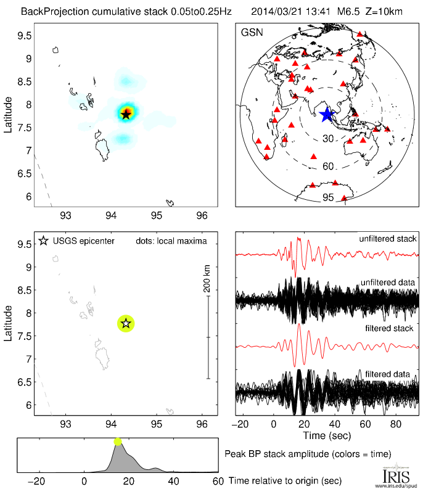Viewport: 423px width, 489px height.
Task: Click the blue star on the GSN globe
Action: pyautogui.click(x=326, y=114)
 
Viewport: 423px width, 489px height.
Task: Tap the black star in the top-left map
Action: pyautogui.click(x=126, y=113)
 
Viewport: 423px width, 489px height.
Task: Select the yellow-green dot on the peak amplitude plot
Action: pyautogui.click(x=118, y=441)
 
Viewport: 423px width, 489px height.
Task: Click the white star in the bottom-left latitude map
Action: pyautogui.click(x=126, y=323)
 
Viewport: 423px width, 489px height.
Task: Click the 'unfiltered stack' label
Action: pyautogui.click(x=388, y=239)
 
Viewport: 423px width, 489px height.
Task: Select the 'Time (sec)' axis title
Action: pyautogui.click(x=327, y=436)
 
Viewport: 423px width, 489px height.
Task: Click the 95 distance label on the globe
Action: pyautogui.click(x=328, y=197)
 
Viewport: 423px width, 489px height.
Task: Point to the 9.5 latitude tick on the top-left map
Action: pyautogui.click(x=24, y=36)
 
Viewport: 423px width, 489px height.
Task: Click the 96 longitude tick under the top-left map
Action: pyautogui.click(x=201, y=215)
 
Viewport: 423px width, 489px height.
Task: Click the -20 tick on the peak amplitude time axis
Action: pyautogui.click(x=38, y=481)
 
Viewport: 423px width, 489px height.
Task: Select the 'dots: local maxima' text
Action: pyautogui.click(x=171, y=240)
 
